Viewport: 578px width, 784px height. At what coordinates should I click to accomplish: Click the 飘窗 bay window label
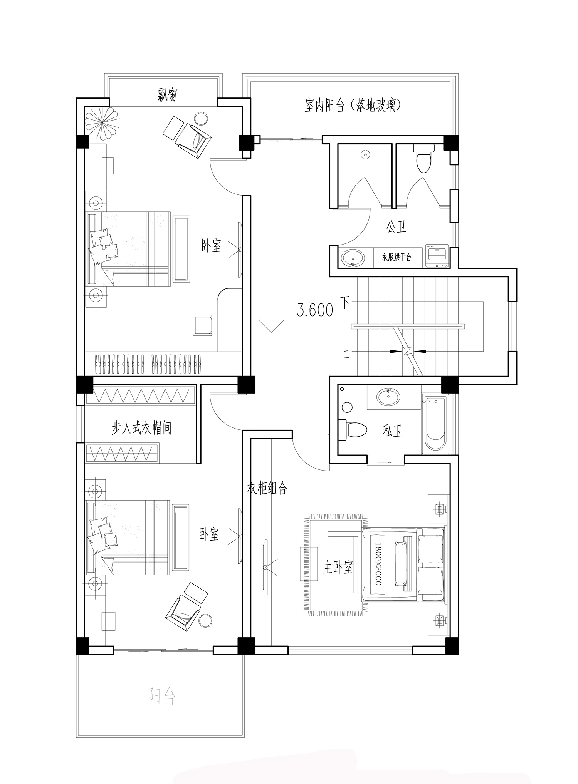click(x=167, y=94)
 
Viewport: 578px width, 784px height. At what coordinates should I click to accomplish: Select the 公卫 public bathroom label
click(x=397, y=227)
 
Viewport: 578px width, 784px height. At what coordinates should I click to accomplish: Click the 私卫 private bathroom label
click(x=393, y=431)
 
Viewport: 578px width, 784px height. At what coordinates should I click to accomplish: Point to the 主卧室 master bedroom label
click(x=338, y=567)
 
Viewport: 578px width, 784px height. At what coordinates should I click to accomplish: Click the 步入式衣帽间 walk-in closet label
click(x=141, y=428)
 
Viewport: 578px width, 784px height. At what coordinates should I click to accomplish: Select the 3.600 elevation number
click(x=315, y=310)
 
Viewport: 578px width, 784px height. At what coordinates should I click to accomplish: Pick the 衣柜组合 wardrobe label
click(x=267, y=488)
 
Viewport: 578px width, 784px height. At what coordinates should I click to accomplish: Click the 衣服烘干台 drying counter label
click(x=397, y=257)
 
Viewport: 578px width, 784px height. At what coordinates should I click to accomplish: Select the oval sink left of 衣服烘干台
click(x=353, y=258)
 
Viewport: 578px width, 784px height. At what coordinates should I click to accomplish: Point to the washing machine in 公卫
click(x=436, y=255)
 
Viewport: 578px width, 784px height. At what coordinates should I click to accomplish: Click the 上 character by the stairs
click(x=344, y=352)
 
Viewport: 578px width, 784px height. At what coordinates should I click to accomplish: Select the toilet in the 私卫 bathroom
click(x=352, y=430)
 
